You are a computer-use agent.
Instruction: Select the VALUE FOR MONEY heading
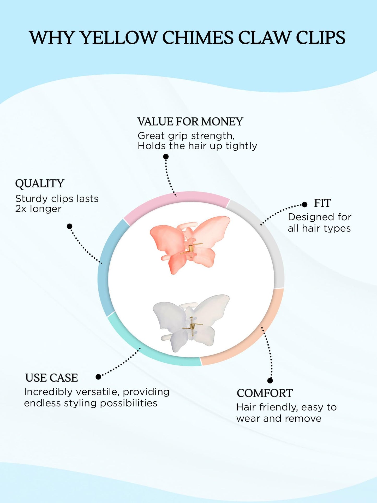coord(190,122)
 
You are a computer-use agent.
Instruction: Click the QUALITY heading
coord(40,184)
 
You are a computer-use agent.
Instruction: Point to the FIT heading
coord(322,203)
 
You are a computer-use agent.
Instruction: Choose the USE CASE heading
coord(52,378)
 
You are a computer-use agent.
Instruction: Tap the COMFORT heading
coord(265,393)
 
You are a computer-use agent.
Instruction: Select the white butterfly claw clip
coord(191,323)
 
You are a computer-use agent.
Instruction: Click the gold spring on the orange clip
coord(191,249)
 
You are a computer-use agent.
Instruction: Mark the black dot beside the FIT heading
coord(304,205)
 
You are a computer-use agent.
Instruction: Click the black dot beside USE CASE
coord(98,377)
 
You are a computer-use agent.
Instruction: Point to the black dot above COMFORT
coord(270,381)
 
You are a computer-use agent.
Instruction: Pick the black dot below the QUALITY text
coord(69,226)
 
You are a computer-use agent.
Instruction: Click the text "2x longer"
coord(38,209)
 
